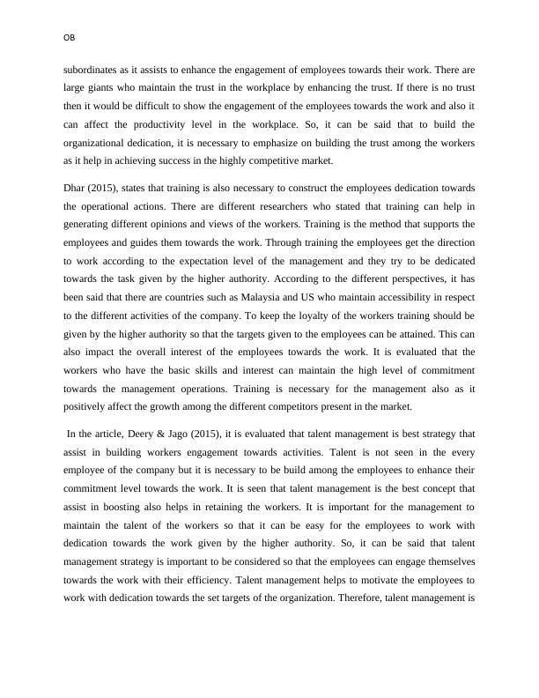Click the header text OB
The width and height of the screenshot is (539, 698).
point(70,37)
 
